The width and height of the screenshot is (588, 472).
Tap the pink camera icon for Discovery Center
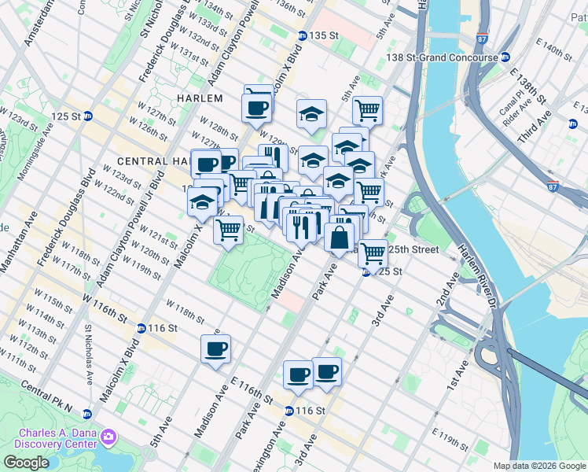110,435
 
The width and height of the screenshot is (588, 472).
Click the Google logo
27,463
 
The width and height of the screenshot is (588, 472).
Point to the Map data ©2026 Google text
538,466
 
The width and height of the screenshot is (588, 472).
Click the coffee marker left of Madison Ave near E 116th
215,348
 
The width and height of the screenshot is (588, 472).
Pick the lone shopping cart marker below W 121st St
228,230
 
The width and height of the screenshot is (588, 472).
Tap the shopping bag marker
340,237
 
